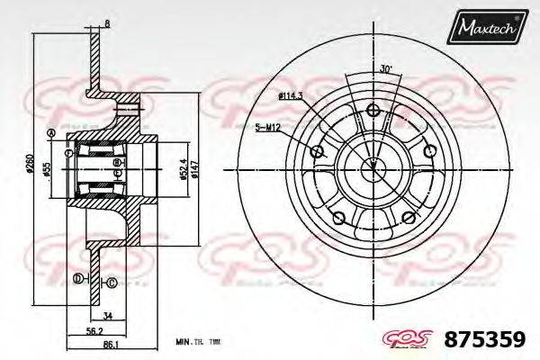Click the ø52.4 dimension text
pos(182,167)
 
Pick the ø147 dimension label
pos(193,167)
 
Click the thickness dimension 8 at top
pos(107,23)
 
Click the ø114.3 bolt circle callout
pos(289,94)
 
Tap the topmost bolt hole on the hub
pos(372,112)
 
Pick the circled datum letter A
pos(51,135)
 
